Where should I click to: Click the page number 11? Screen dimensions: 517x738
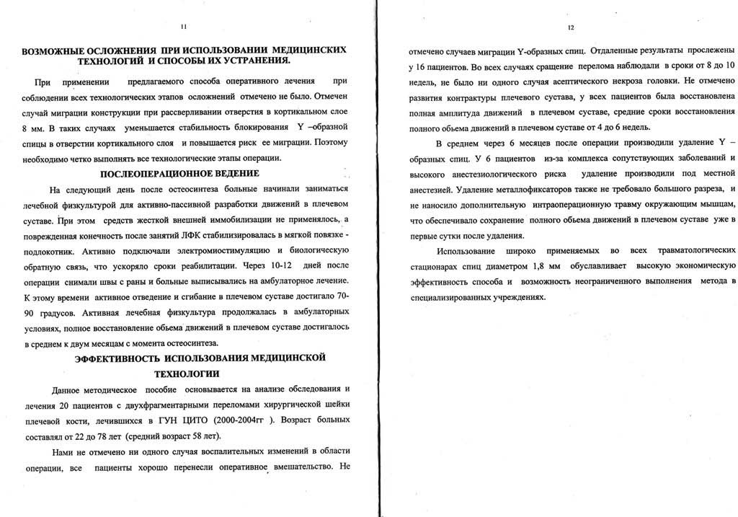point(183,27)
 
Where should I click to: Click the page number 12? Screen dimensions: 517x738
point(570,28)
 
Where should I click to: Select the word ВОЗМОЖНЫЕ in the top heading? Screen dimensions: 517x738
point(57,51)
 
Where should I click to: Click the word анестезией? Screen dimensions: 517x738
point(432,189)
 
